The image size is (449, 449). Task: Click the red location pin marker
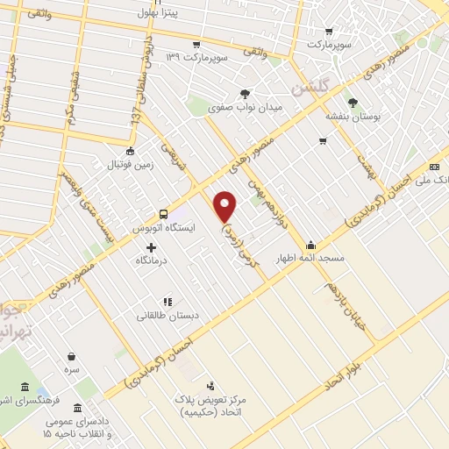pos(225,205)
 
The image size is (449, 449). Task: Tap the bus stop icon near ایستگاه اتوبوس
pos(163,214)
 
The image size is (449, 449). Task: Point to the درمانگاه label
pos(152,261)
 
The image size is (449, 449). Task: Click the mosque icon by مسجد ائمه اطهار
pos(310,245)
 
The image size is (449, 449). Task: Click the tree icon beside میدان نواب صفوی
pos(245,94)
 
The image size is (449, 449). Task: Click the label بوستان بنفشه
pos(351,116)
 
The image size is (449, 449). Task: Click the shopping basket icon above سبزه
pos(71,358)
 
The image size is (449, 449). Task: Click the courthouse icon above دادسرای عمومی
pos(79,409)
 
